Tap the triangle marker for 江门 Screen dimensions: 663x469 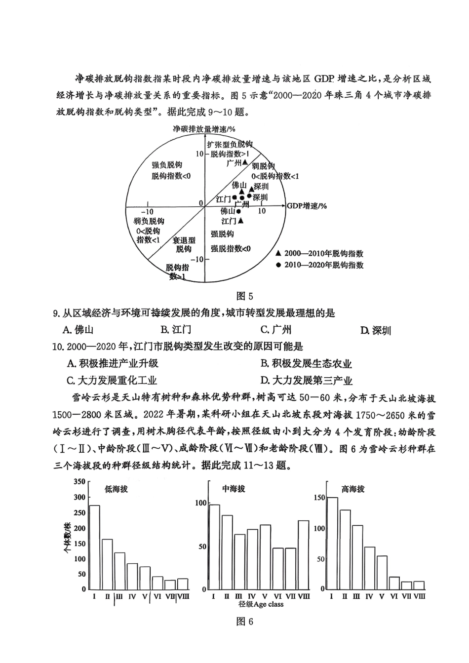tap(240, 221)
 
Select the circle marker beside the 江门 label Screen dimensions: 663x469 tap(234, 198)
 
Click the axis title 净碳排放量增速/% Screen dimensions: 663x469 tap(203, 129)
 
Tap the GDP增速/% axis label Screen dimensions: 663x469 tap(307, 205)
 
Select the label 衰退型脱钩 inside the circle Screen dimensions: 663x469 tap(184, 244)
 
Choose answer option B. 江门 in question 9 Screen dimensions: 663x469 tap(175, 330)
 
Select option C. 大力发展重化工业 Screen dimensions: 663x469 tap(112, 380)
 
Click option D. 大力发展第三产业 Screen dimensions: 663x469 tap(306, 380)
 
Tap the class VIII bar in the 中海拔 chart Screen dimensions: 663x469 tap(303, 554)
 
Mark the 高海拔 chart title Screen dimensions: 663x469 tap(352, 489)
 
